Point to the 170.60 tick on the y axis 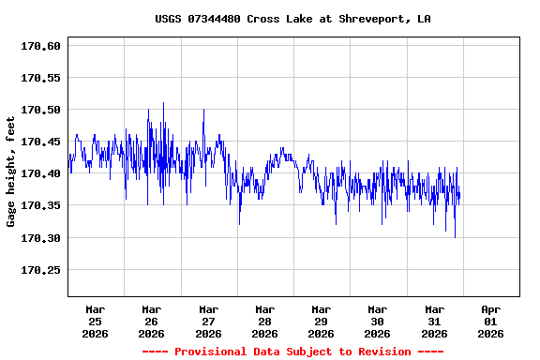coord(41,46)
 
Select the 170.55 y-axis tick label coord(41,78)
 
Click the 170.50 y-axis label coord(41,110)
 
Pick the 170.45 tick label coord(41,142)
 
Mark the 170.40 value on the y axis coord(41,173)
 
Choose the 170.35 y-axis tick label coord(41,205)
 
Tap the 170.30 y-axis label coord(41,238)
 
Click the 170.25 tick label coord(41,270)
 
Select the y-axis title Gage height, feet coord(11,172)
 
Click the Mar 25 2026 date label coord(96,321)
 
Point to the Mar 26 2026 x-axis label coord(152,321)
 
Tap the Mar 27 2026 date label coord(208,321)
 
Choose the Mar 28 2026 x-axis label coord(264,321)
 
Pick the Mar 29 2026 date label coord(321,321)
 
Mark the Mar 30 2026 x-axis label coord(377,321)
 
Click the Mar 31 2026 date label coord(434,321)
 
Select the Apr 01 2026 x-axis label coord(490,321)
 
